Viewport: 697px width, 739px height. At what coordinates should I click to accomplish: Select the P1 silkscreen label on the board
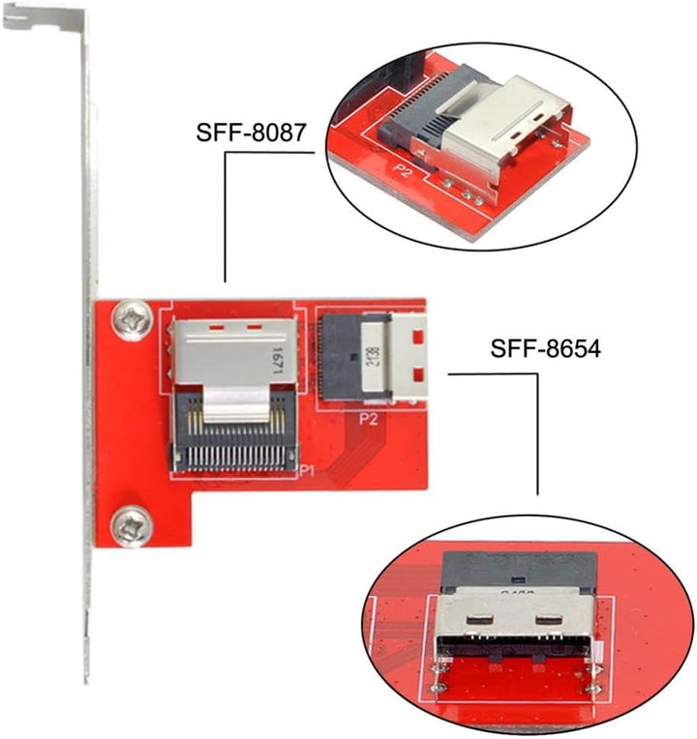tap(308, 470)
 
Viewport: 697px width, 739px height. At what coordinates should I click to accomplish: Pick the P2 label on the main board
tap(368, 419)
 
